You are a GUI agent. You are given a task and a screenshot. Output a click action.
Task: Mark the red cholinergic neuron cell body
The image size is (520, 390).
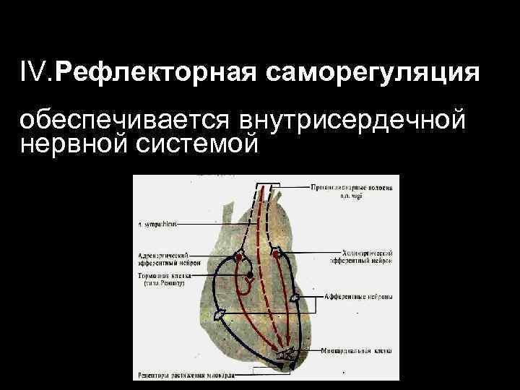tap(276, 254)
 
